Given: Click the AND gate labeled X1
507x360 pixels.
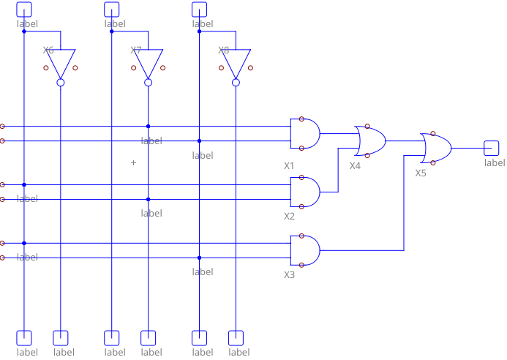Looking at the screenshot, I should [x=305, y=133].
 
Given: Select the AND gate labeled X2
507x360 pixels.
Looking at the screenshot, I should [x=305, y=192].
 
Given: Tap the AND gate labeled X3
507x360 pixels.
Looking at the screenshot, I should [x=305, y=250].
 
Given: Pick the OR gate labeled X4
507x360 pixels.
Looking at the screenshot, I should [x=370, y=140].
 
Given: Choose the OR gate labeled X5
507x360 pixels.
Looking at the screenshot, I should [x=436, y=148].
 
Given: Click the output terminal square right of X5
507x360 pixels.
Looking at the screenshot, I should [x=492, y=148].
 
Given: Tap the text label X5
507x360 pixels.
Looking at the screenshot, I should [x=421, y=173].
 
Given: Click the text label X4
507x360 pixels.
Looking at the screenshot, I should [x=355, y=166].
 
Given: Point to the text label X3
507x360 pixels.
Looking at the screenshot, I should [x=289, y=274].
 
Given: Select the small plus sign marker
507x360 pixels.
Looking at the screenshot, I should [x=133, y=162].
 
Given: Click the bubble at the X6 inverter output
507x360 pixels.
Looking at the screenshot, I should [x=61, y=83].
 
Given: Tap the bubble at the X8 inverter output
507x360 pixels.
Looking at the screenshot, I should [x=236, y=83].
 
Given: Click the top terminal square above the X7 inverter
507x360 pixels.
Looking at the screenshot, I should [x=111, y=9].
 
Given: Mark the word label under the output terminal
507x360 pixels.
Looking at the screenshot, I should [x=495, y=162].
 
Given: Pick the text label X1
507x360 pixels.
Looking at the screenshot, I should [x=289, y=166].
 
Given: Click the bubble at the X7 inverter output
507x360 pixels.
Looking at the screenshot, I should [x=149, y=83].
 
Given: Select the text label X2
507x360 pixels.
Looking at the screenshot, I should [x=289, y=217].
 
